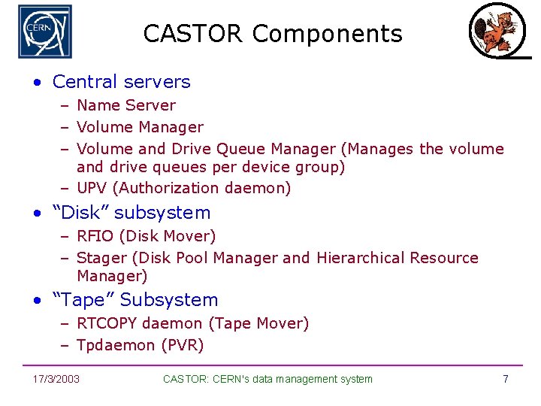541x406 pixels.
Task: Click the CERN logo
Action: pyautogui.click(x=45, y=32)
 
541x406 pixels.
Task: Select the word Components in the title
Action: pyautogui.click(x=328, y=35)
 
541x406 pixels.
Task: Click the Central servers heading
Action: pyautogui.click(x=121, y=81)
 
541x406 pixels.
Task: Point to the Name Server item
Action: pyautogui.click(x=125, y=105)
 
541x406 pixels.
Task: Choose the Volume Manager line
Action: pyautogui.click(x=140, y=127)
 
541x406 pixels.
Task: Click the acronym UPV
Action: pyautogui.click(x=92, y=188)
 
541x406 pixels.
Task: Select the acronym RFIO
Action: pyautogui.click(x=95, y=236)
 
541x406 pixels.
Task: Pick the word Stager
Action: pyautogui.click(x=102, y=258)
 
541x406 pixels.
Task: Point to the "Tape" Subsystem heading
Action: pyautogui.click(x=135, y=299)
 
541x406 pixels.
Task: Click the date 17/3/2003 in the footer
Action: pyautogui.click(x=56, y=379)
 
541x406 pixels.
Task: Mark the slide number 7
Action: pyautogui.click(x=506, y=379)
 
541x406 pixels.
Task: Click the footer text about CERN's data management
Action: pyautogui.click(x=267, y=379)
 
